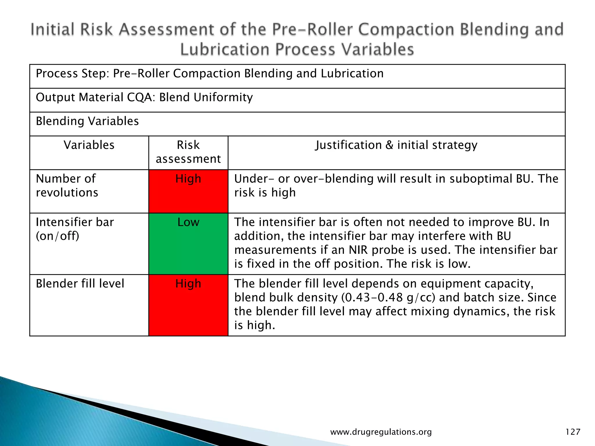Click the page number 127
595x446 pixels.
(573, 432)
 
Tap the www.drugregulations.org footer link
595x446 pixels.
(381, 432)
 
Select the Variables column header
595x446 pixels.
(89, 145)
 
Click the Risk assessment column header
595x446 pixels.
(188, 152)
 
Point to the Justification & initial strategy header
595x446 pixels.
(396, 145)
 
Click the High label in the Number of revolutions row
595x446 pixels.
(188, 179)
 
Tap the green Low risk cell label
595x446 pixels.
(188, 222)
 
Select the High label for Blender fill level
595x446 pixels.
(188, 283)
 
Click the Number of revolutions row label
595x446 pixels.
(67, 186)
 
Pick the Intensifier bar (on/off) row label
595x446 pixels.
(75, 229)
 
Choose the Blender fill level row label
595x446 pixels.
(80, 283)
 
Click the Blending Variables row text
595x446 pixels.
(87, 121)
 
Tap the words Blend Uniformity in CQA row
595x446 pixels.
(206, 97)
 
